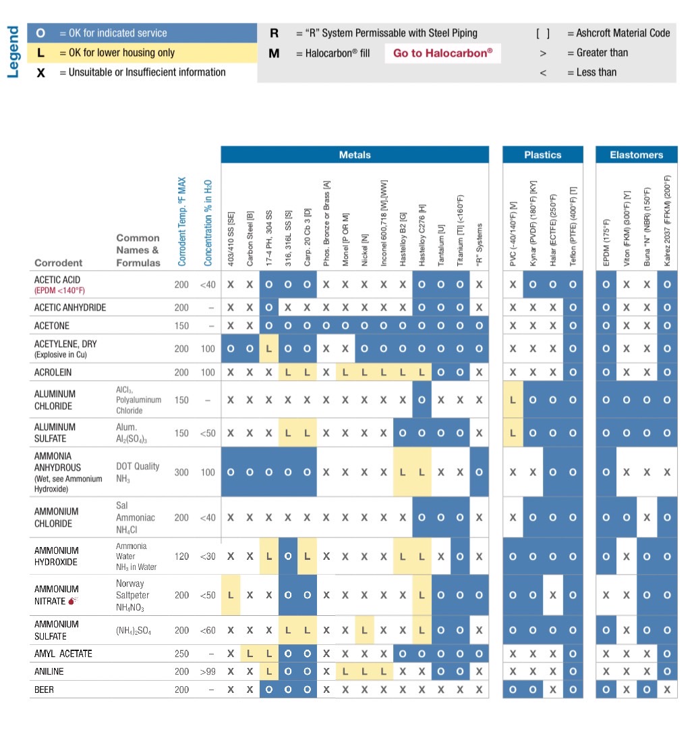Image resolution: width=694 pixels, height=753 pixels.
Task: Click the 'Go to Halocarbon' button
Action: coord(442,53)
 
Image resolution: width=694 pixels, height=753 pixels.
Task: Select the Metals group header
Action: coord(355,155)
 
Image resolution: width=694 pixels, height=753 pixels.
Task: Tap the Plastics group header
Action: coord(542,155)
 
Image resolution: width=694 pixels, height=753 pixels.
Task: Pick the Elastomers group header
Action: coord(636,155)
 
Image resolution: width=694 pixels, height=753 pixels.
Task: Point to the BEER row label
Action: coord(45,690)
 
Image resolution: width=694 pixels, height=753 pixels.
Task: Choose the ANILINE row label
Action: coord(49,672)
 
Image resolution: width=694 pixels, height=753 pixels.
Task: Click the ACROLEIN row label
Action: coord(53,372)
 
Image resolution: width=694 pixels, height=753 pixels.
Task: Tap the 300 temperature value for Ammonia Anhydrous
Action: coord(181,472)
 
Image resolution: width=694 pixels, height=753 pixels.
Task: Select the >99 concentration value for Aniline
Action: coord(208,672)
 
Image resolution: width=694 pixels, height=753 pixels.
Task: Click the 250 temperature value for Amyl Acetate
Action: coord(181,654)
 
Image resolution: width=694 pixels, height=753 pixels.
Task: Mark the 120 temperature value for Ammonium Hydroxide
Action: coord(181,556)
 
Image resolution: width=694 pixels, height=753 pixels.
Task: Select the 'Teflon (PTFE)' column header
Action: coord(573,226)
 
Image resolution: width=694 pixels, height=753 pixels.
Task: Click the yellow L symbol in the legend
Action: coord(40,53)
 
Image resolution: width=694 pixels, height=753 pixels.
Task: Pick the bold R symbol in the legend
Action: coord(274,33)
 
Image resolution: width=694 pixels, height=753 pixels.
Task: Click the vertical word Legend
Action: coord(12,52)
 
